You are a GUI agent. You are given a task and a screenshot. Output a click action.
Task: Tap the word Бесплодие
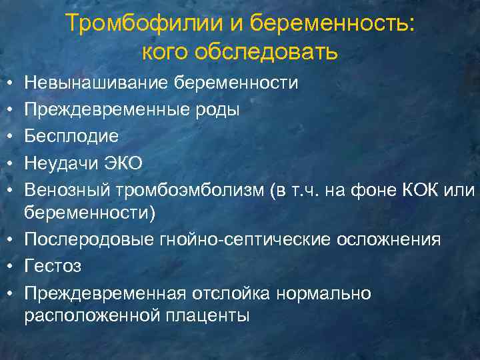(71, 136)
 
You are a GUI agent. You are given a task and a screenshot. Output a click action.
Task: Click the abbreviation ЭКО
(128, 163)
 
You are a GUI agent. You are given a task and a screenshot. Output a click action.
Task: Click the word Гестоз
(53, 266)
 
